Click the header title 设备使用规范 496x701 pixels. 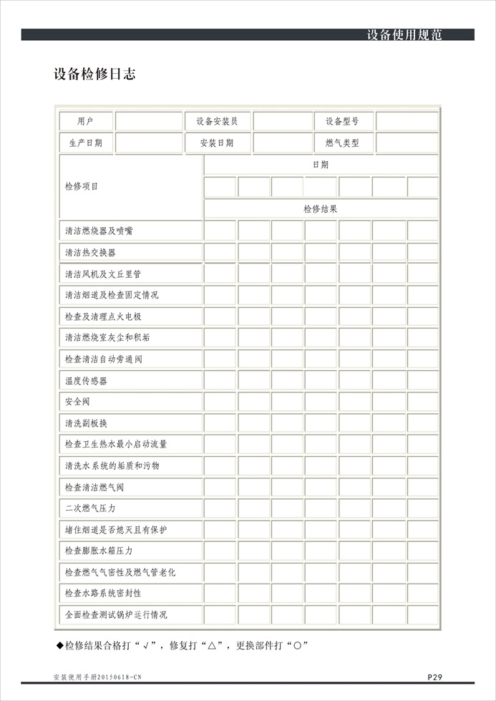pos(404,34)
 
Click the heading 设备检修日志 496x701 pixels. pos(94,74)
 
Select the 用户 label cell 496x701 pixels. pos(85,122)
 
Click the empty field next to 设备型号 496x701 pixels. pos(407,122)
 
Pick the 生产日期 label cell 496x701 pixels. pos(85,143)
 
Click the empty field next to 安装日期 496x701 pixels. pos(282,143)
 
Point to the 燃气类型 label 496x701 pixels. pos(342,143)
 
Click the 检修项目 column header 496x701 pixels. pos(82,187)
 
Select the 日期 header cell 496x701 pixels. pos(321,165)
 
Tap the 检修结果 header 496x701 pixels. pos(321,209)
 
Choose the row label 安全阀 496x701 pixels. pos(77,402)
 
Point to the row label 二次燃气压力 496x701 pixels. pos(90,508)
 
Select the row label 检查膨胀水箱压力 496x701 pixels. pos(99,551)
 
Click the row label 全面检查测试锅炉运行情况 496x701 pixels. pos(116,614)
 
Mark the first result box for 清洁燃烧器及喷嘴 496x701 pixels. pos(220,231)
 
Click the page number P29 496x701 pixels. pos(435,677)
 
